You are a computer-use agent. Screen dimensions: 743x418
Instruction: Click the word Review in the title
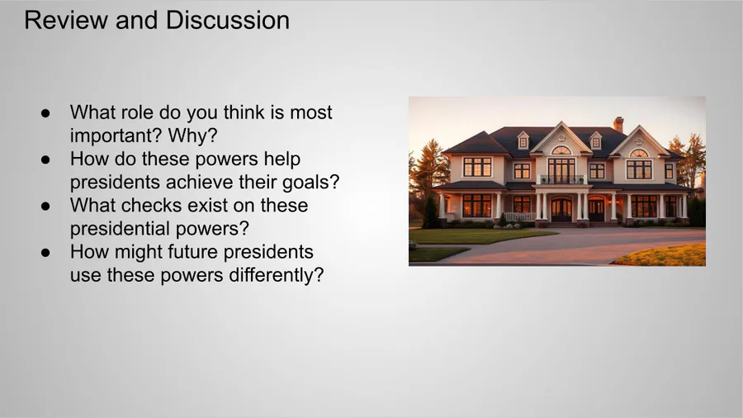(x=66, y=21)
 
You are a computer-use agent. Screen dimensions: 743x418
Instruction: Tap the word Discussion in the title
(x=228, y=21)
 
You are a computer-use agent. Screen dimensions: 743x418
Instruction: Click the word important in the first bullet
(x=110, y=135)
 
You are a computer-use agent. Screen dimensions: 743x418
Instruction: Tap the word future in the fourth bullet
(x=192, y=252)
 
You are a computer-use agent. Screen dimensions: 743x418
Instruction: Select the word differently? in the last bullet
(x=277, y=275)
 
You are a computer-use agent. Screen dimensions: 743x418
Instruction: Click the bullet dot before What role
(x=45, y=113)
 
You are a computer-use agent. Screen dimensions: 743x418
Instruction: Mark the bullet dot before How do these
(x=45, y=159)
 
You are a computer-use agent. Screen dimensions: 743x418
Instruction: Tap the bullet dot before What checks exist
(x=45, y=206)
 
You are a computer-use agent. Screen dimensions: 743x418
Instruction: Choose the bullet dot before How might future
(x=45, y=252)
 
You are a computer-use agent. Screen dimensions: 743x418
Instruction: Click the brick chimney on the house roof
(x=618, y=124)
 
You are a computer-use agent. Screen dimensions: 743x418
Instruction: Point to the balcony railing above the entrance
(x=561, y=179)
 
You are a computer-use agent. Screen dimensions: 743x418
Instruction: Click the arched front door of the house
(x=561, y=209)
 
